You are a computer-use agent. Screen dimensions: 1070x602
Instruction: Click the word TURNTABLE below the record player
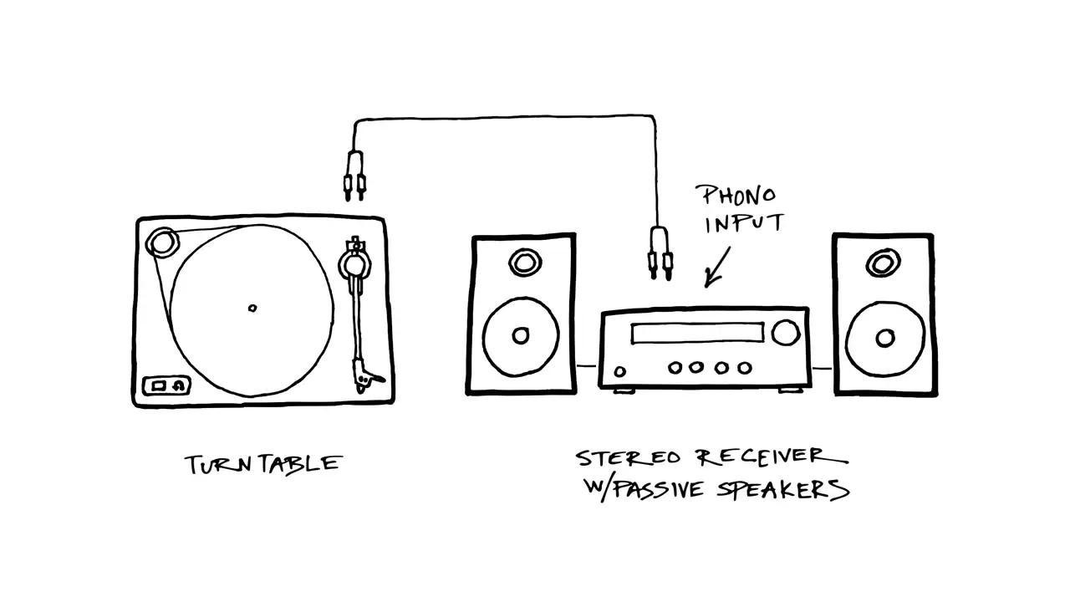point(263,464)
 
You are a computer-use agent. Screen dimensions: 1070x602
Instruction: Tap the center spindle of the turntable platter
point(252,309)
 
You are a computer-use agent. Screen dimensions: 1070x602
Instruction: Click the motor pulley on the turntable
point(162,242)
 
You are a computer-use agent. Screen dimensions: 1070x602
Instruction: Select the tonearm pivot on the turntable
point(355,263)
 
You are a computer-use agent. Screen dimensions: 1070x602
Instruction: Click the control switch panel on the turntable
point(166,385)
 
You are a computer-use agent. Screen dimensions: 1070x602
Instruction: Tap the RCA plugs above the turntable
point(354,176)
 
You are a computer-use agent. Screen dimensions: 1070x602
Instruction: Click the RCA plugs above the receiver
point(660,253)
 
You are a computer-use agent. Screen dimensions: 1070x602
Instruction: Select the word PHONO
point(738,196)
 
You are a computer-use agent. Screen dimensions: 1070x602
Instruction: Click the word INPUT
point(744,223)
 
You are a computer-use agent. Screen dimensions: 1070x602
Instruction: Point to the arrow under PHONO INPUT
point(718,267)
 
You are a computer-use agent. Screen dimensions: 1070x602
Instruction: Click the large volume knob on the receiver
point(786,333)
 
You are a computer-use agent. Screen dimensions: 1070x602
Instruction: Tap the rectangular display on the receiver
point(697,333)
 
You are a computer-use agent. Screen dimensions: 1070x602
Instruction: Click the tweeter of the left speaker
point(525,263)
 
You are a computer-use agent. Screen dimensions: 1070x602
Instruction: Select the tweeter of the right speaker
point(884,263)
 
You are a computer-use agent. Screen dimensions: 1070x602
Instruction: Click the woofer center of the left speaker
point(521,335)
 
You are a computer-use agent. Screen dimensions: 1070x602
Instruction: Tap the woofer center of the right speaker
point(885,339)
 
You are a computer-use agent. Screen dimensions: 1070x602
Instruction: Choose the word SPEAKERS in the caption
point(783,490)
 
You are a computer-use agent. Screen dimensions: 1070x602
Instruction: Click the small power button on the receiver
point(620,371)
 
